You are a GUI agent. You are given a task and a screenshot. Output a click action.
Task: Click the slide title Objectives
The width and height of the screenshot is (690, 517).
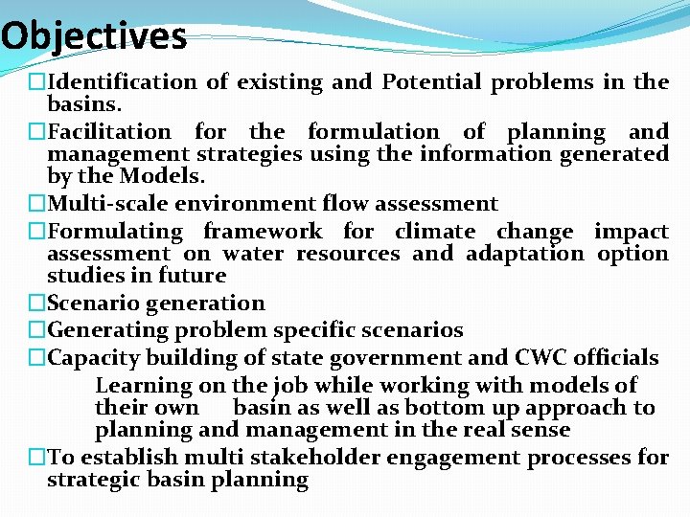pos(94,36)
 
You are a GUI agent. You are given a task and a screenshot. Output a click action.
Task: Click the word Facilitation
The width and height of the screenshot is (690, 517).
pos(109,132)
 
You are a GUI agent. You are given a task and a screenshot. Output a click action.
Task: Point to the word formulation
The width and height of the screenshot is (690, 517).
pos(373,132)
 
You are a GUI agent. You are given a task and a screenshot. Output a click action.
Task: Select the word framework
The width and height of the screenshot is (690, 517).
pos(263,232)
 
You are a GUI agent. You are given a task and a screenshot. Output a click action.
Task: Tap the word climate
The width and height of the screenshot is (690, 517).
pos(435,232)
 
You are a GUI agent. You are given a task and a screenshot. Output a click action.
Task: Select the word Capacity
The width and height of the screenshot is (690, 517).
pos(91,359)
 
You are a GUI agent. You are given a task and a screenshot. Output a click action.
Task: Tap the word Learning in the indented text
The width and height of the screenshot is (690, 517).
pos(144,386)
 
